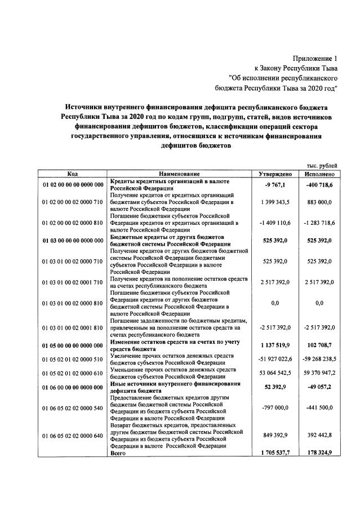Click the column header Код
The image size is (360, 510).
coord(72,174)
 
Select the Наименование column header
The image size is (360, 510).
coord(179,174)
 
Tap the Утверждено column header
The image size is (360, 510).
coord(275,174)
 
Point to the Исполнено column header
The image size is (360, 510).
coord(319,174)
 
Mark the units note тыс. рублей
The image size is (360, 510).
coord(322,166)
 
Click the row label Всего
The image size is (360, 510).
coord(118,453)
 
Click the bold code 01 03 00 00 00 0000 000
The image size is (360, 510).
coord(72,240)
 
